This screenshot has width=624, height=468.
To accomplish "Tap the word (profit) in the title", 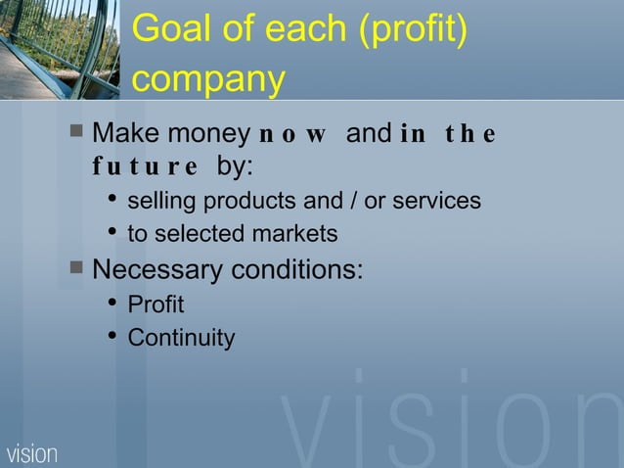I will (410, 32).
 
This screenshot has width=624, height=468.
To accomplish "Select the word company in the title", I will (207, 81).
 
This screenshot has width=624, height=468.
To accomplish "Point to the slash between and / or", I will (350, 202).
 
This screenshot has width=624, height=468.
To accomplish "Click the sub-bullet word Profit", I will (156, 305).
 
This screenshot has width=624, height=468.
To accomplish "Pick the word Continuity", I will (181, 339).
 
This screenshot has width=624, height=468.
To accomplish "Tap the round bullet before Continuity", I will (112, 338).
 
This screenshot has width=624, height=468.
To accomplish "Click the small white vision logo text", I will (32, 454).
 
